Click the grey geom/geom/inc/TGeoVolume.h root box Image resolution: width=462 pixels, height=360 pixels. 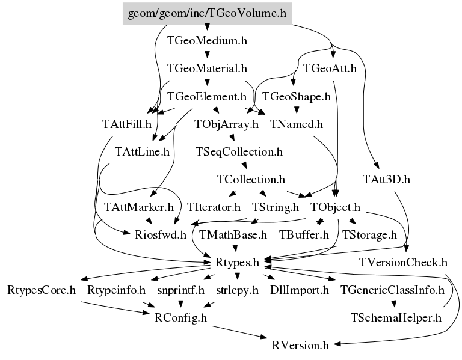207,13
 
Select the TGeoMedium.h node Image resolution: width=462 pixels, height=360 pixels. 207,41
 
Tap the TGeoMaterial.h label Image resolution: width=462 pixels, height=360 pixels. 207,69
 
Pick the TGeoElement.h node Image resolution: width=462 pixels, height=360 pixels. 207,96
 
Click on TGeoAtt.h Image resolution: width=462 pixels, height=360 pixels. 330,69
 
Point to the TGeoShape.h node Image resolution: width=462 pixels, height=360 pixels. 297,96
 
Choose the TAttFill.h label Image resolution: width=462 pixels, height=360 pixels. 126,124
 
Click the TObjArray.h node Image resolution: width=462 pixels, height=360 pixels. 226,124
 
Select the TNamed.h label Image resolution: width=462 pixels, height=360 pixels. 297,124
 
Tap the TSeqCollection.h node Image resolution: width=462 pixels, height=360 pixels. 239,152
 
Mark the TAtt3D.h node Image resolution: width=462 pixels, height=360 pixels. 386,179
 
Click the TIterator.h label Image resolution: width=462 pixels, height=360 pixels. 214,207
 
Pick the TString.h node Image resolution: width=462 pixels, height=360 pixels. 276,207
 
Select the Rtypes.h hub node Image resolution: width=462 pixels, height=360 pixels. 237,263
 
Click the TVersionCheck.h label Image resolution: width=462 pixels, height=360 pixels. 404,263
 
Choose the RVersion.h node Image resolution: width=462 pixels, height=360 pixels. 300,345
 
